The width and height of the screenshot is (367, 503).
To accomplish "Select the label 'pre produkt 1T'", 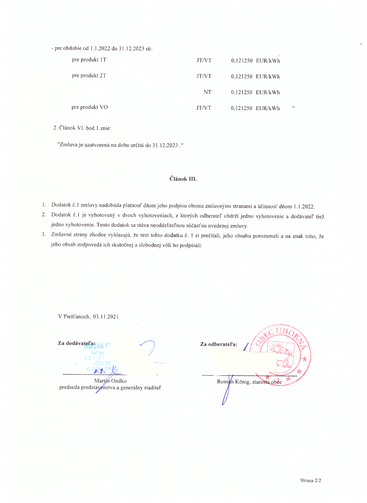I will point(89,59).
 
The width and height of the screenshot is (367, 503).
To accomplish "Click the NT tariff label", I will point(207,92).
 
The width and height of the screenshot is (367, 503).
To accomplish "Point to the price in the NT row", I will point(241,92).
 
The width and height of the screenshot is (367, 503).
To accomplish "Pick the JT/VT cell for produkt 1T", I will point(204,60).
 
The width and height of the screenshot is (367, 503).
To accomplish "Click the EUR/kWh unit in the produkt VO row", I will point(267,108).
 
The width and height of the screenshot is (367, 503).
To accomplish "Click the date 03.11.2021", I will point(106,317).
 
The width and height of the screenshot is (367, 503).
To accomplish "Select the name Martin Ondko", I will point(109,380).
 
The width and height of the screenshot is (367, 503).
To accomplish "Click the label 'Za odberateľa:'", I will point(219,344).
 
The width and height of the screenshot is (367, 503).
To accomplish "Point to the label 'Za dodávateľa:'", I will point(77,343).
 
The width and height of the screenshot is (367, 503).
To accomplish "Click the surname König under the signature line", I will point(242,382).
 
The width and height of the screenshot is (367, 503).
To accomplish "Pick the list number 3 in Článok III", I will point(43,235).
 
